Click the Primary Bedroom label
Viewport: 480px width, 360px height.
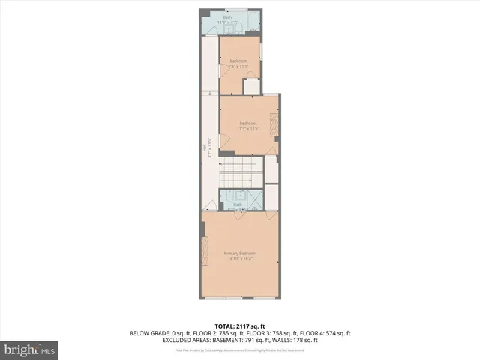click(240, 253)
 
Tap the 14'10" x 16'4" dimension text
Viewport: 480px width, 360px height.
click(240, 259)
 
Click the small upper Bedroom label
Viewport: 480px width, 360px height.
click(238, 61)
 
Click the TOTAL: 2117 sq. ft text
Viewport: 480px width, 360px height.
click(240, 325)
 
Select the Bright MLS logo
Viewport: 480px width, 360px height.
click(29, 349)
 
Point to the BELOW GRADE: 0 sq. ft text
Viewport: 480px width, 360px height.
click(157, 333)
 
